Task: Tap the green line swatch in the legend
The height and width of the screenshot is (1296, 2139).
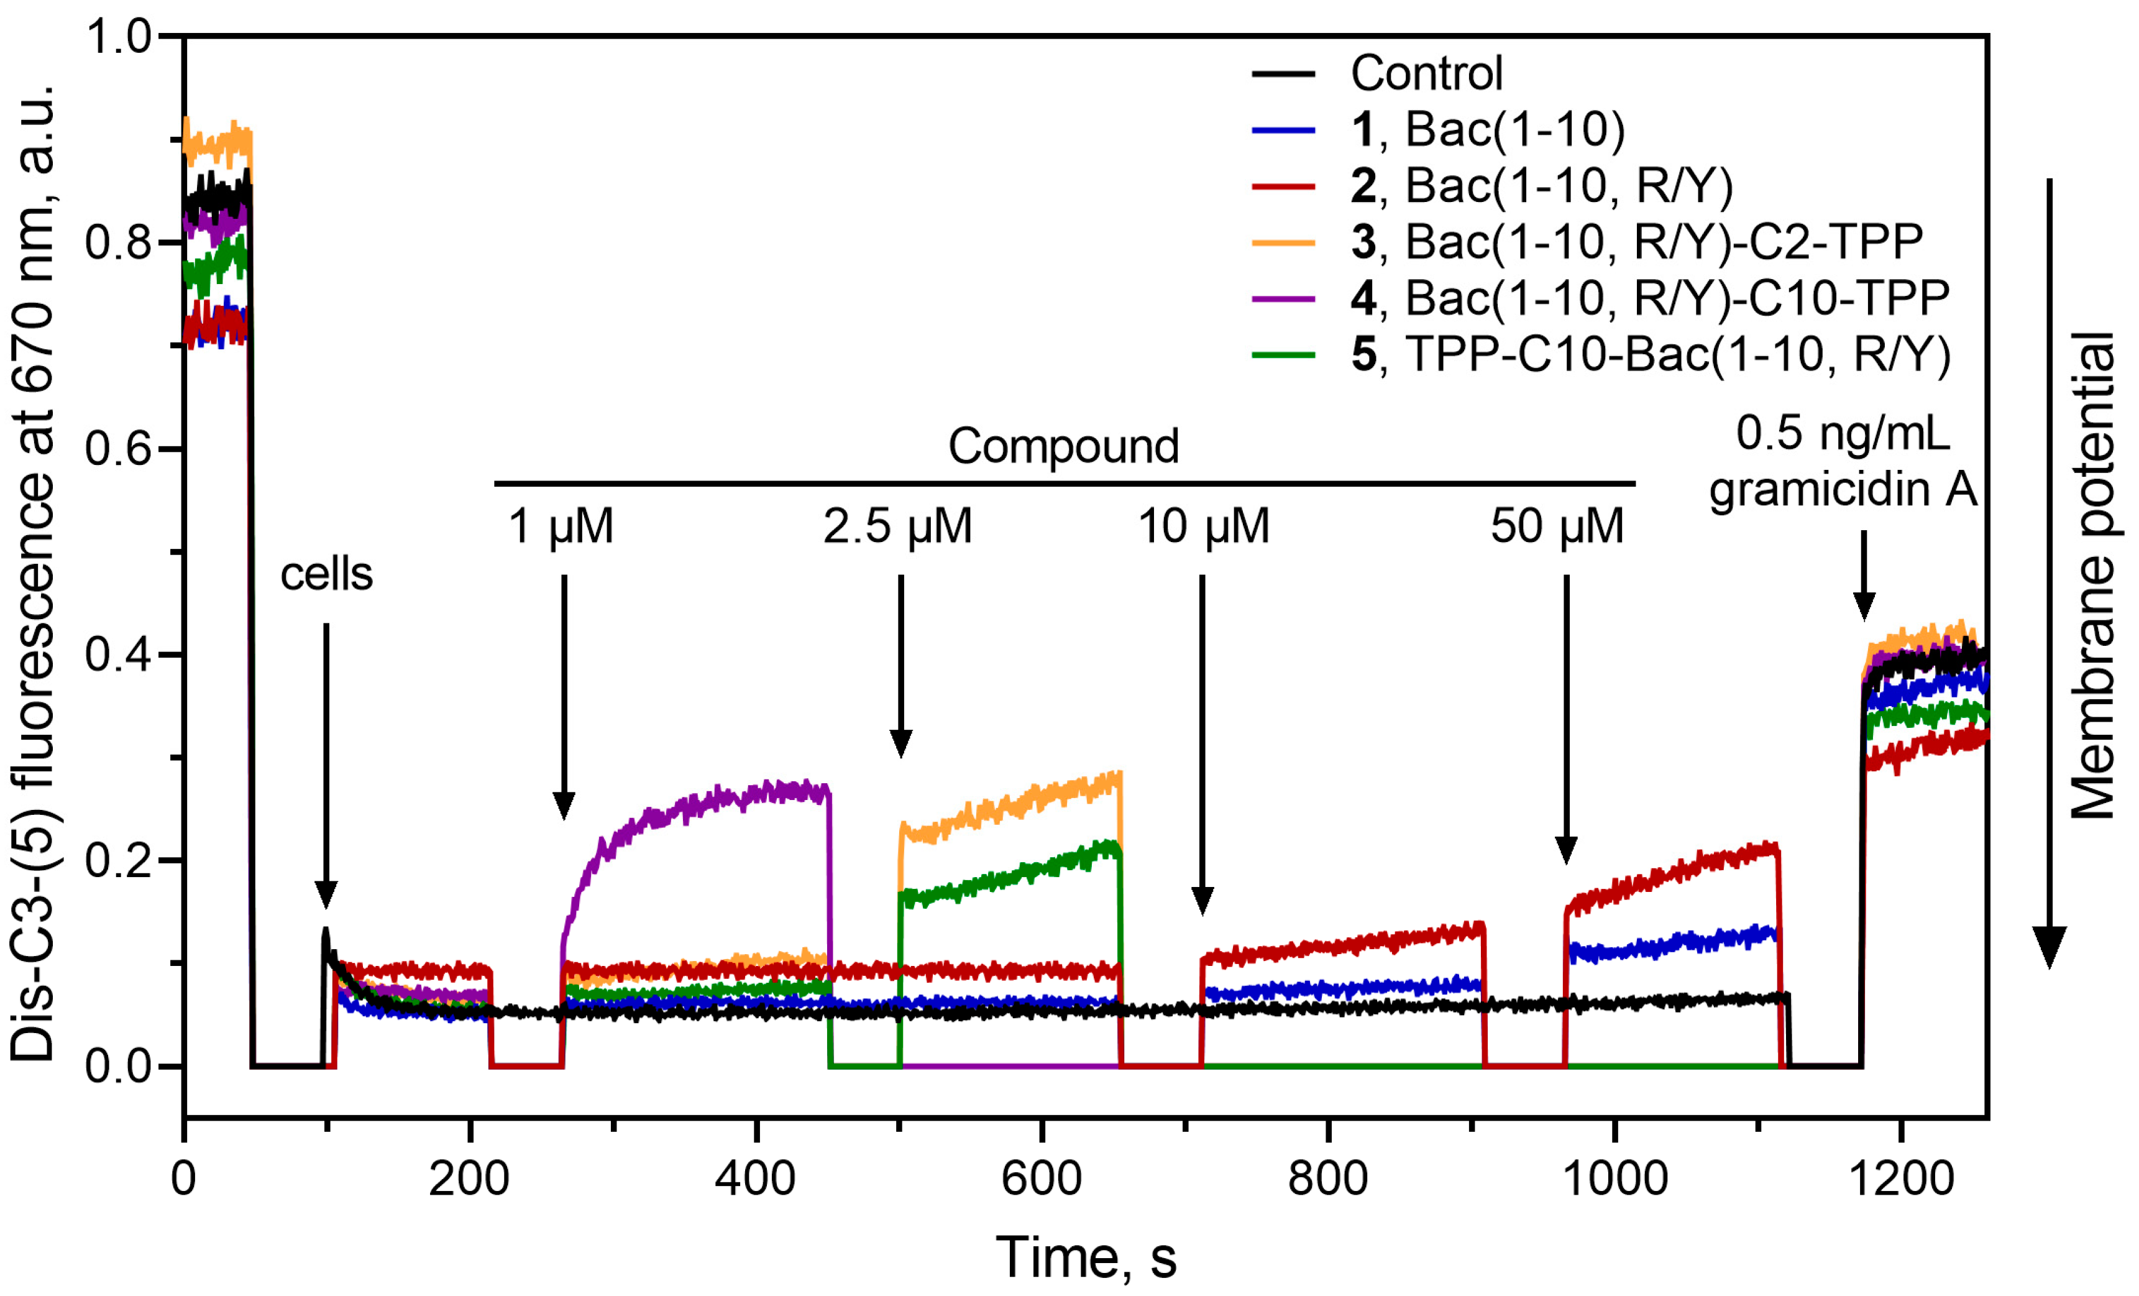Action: point(1283,354)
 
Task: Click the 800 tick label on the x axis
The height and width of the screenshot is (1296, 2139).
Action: point(1327,1179)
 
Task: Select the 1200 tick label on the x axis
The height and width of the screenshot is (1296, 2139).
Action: point(1901,1179)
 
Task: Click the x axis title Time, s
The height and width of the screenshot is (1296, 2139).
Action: point(1085,1257)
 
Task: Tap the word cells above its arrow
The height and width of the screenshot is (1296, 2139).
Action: point(326,574)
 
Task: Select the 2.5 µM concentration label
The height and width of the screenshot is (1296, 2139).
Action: point(897,526)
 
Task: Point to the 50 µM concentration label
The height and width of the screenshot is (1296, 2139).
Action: point(1557,526)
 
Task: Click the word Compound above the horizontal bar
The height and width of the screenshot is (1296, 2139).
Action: point(1063,446)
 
